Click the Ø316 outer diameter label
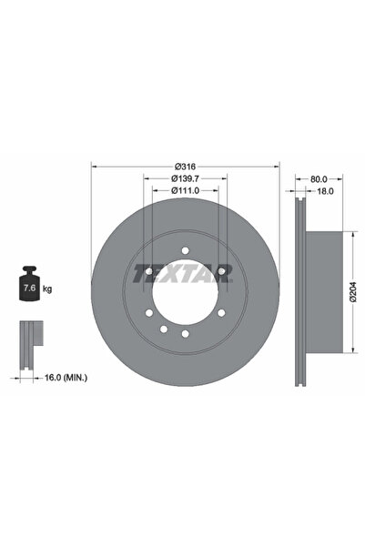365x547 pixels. pos(186,167)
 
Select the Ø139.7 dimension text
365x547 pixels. pos(186,179)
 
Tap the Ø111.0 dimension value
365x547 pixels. pos(186,191)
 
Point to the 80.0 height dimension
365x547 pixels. pos(319,180)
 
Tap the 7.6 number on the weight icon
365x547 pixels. pos(28,289)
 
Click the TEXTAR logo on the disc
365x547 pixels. pos(185,273)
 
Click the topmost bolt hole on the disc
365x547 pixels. pos(185,250)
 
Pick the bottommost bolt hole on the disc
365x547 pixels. pos(185,336)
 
